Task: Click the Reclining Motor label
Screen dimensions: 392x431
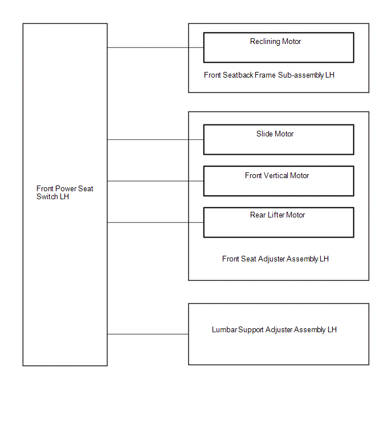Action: coord(275,42)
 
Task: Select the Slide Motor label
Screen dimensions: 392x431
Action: coord(275,134)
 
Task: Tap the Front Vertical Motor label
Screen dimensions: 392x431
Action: coord(277,176)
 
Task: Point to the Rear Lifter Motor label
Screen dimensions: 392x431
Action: coord(277,215)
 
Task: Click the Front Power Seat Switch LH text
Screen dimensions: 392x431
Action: coord(65,193)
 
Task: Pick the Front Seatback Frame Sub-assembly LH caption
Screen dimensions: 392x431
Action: coord(269,75)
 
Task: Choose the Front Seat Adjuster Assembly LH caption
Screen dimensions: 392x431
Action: coord(275,259)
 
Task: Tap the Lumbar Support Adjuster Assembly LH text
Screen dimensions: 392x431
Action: coord(274,329)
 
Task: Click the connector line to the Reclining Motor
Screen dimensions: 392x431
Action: coord(156,47)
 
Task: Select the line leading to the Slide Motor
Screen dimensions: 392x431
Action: coord(156,140)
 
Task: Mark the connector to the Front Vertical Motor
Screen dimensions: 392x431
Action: coord(156,181)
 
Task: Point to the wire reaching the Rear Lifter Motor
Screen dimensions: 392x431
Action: coord(156,223)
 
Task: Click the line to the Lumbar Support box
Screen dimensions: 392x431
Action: coord(148,335)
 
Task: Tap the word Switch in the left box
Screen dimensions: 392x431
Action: coord(47,197)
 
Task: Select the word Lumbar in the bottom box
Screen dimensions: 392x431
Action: coord(224,329)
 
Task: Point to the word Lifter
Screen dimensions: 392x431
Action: coord(276,215)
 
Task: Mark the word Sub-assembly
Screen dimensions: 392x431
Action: coord(301,75)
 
